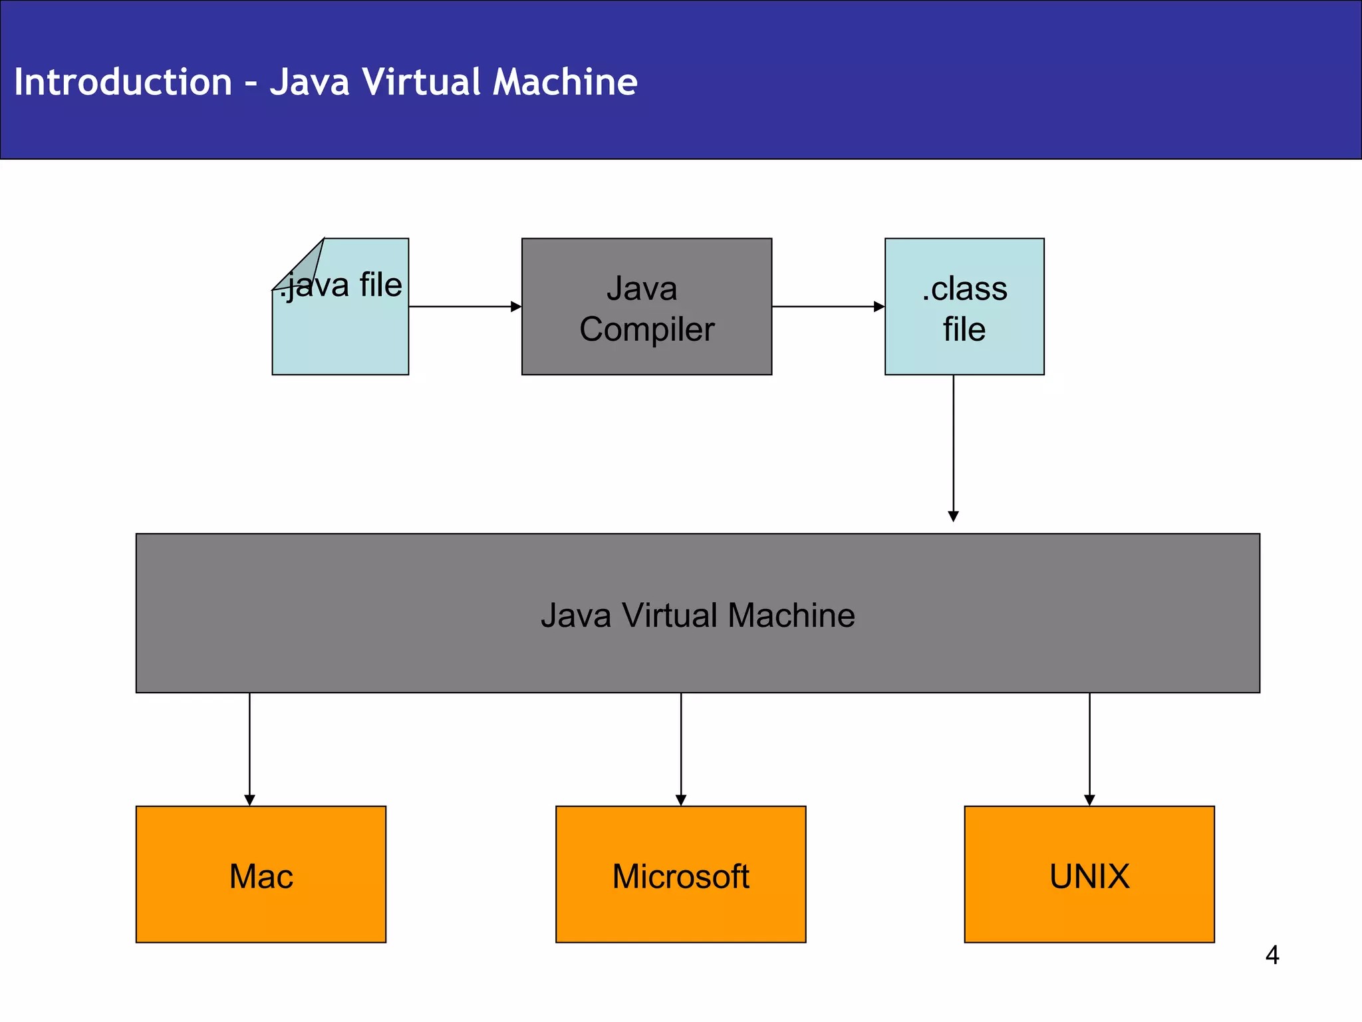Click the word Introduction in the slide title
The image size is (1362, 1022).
[123, 82]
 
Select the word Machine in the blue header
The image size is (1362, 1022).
[565, 82]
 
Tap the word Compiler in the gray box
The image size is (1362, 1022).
[646, 329]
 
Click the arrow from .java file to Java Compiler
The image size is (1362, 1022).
[464, 307]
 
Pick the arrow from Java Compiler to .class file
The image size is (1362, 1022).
[827, 307]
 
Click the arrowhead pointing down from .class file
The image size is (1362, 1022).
[953, 516]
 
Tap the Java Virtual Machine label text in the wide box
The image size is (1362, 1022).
[697, 615]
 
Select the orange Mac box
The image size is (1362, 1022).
[261, 874]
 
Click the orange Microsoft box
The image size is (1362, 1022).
[680, 874]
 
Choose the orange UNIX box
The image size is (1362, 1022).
[1089, 874]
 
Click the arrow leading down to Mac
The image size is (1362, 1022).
[249, 749]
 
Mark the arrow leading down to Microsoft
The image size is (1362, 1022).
[680, 749]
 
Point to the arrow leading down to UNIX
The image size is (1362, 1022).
[1089, 749]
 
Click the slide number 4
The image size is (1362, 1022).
[1272, 955]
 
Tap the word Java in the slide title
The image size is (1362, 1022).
[309, 82]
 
